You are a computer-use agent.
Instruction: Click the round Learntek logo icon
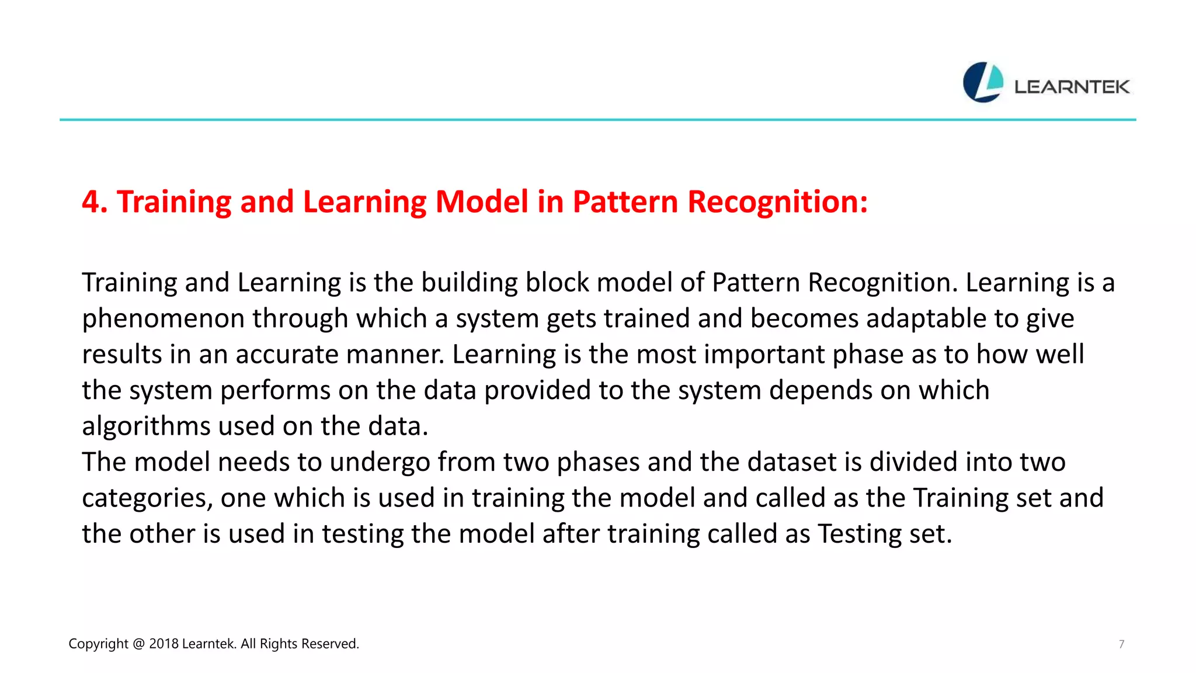click(983, 82)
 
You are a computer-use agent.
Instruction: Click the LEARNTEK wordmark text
click(1072, 87)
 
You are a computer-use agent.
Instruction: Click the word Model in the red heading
click(482, 202)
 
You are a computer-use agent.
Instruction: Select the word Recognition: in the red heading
click(777, 202)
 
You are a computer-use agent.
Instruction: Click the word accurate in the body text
click(287, 355)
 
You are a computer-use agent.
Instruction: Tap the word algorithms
click(146, 426)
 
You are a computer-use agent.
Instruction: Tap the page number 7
click(1121, 644)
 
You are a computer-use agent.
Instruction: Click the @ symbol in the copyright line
click(138, 644)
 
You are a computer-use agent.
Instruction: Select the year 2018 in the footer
click(164, 644)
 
